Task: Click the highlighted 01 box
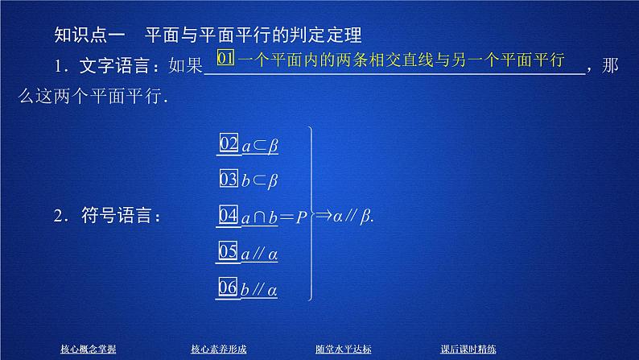[x=227, y=60]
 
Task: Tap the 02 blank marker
[x=229, y=144]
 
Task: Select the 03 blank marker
[x=229, y=180]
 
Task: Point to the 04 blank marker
[x=229, y=215]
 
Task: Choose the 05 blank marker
[x=229, y=251]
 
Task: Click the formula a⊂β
[x=260, y=146]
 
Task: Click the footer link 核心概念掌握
[x=89, y=349]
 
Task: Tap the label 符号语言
[x=116, y=216]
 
